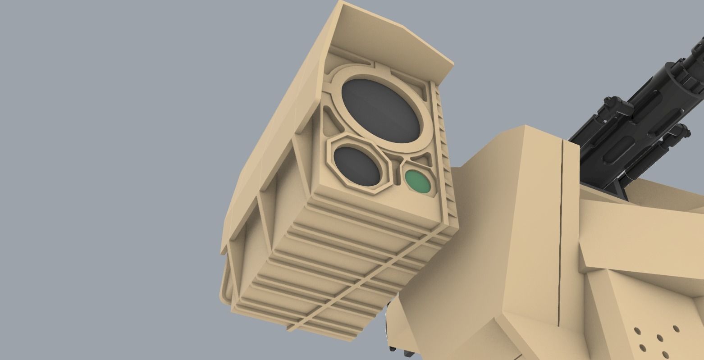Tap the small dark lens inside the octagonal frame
pyautogui.click(x=356, y=166)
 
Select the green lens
pyautogui.click(x=416, y=181)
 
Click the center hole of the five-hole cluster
pyautogui.click(x=659, y=337)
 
